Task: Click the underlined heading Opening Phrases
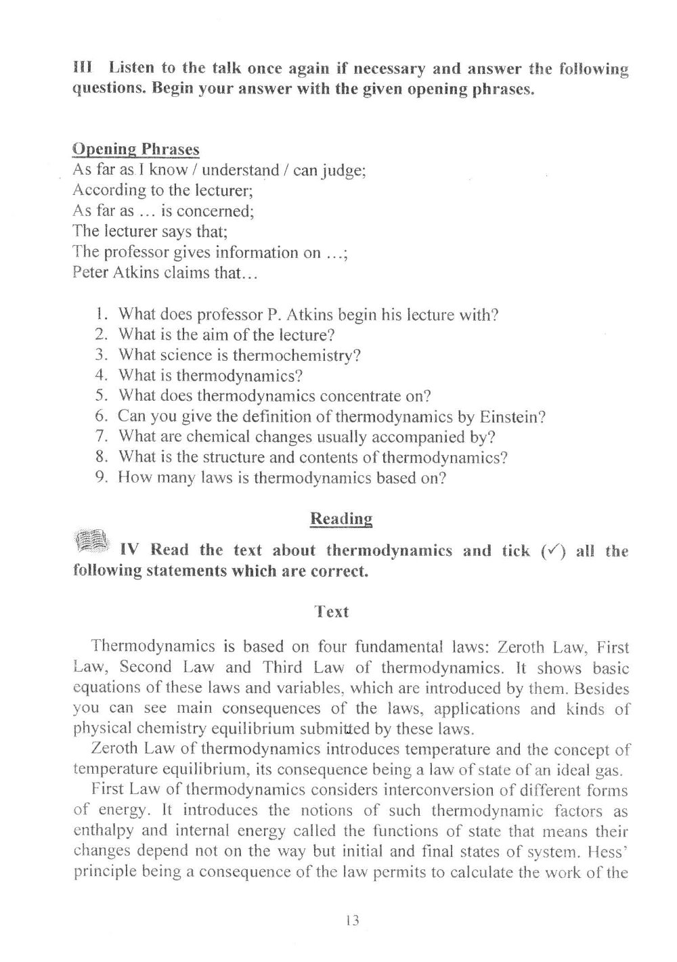coord(135,149)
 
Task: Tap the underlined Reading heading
coord(341,519)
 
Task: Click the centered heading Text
coord(332,612)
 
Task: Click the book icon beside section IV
coord(90,541)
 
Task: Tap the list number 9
coord(102,477)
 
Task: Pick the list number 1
coord(102,314)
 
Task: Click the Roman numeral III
coord(82,68)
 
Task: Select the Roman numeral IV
coord(129,550)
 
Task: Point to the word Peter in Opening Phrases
coord(89,274)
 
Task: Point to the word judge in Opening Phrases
coord(344,170)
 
